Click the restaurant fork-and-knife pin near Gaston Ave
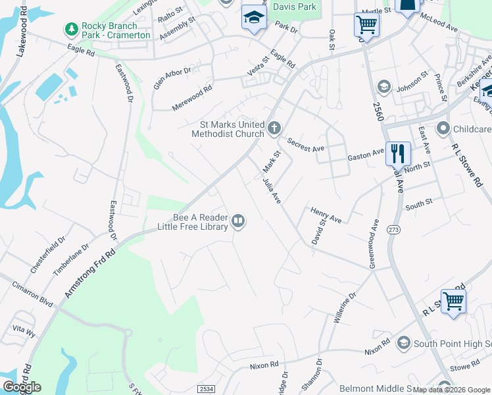(398, 153)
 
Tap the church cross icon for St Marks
(274, 128)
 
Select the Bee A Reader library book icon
(239, 221)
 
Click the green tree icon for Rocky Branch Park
(70, 29)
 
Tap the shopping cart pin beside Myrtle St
(366, 25)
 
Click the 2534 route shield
(205, 389)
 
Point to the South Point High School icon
(403, 343)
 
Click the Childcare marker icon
(443, 128)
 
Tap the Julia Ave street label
(272, 190)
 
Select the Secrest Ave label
(305, 144)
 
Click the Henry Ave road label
(326, 215)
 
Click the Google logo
(22, 387)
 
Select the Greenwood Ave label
(374, 244)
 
